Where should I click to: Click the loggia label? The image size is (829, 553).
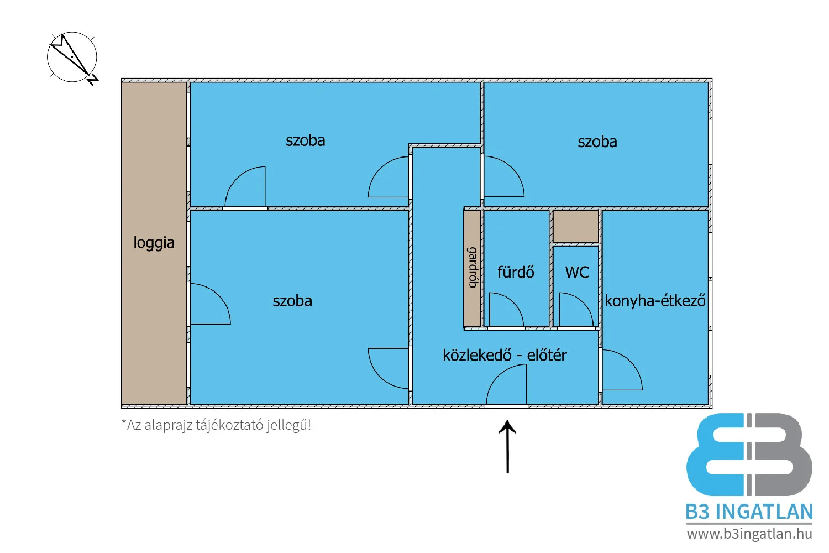[154, 243]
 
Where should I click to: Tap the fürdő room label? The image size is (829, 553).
[516, 272]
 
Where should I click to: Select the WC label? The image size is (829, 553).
[576, 272]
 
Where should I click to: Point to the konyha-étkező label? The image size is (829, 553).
[655, 301]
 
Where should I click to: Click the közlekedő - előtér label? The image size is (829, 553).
[505, 355]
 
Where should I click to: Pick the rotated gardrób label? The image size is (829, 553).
[473, 268]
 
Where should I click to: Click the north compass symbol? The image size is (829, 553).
[72, 58]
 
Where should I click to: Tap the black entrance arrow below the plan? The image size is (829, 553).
[507, 447]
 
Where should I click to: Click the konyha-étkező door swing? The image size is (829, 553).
[621, 369]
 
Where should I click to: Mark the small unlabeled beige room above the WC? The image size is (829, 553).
[576, 226]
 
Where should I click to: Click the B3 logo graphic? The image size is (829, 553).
[749, 455]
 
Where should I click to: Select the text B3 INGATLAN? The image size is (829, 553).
[749, 512]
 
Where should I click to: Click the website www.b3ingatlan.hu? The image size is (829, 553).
[749, 534]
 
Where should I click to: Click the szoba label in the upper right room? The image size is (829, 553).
[597, 142]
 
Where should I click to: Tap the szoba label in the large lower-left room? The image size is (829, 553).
[292, 301]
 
